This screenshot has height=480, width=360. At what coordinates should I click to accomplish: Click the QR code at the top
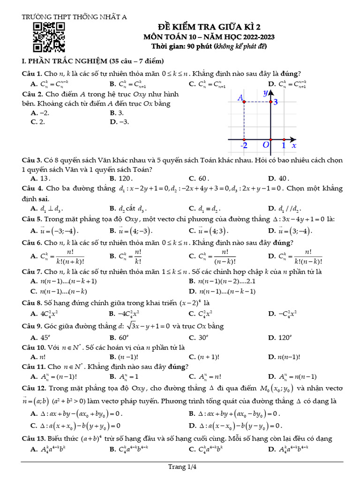coord(49,37)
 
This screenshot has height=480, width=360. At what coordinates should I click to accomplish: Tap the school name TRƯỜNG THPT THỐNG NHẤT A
coord(75,17)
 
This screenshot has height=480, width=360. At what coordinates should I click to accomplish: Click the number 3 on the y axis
coord(276,102)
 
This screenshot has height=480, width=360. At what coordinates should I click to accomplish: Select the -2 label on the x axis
coord(244,146)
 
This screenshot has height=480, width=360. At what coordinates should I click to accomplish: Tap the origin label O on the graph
coord(266,145)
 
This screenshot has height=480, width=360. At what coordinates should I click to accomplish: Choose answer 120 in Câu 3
coord(124,179)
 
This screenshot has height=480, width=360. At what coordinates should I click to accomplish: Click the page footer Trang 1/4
coord(180,467)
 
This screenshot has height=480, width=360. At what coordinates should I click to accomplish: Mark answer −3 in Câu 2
coord(123,122)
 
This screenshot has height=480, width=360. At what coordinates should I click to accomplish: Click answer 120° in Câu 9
coord(284,337)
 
